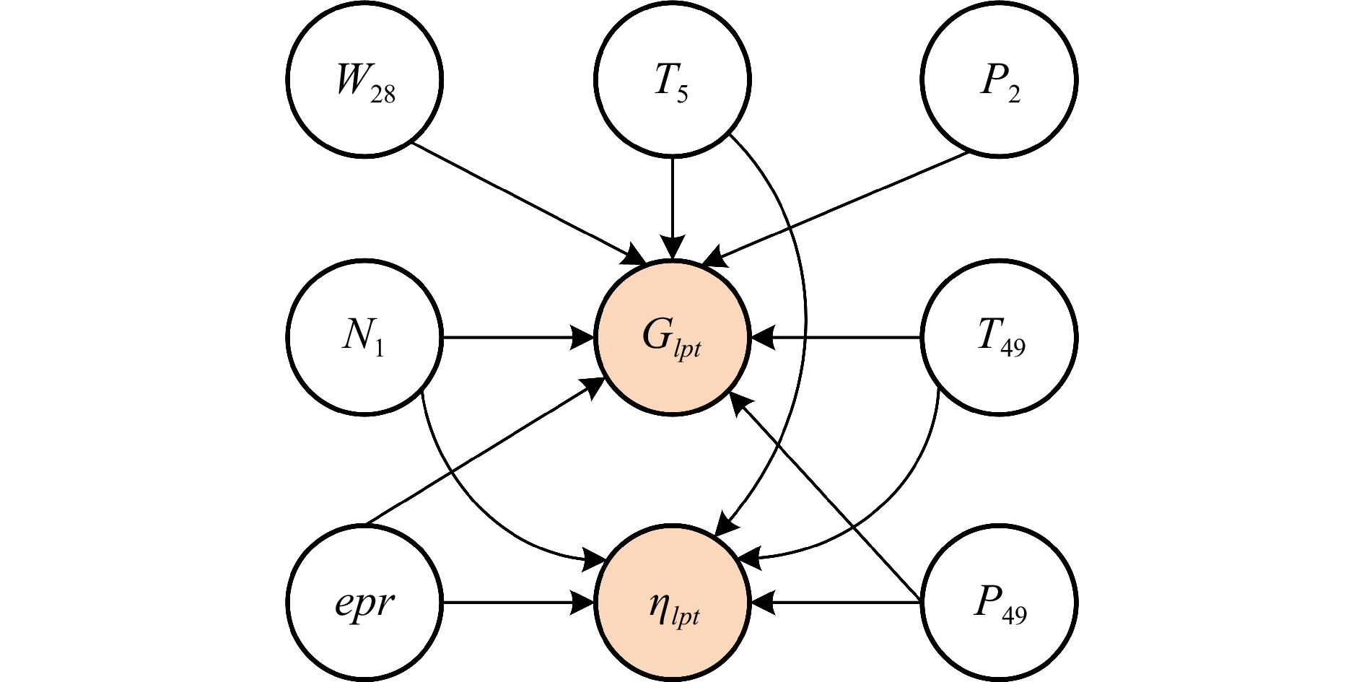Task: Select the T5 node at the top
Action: coord(673,79)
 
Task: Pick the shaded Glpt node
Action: coord(673,337)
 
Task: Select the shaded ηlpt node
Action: coord(673,603)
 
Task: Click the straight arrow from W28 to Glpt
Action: coord(529,203)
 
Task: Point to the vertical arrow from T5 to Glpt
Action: coord(673,208)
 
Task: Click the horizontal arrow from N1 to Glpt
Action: coord(518,337)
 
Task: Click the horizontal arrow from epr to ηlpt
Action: coord(518,603)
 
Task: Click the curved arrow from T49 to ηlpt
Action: coord(895,505)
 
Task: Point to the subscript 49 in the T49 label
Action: coord(1013,349)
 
